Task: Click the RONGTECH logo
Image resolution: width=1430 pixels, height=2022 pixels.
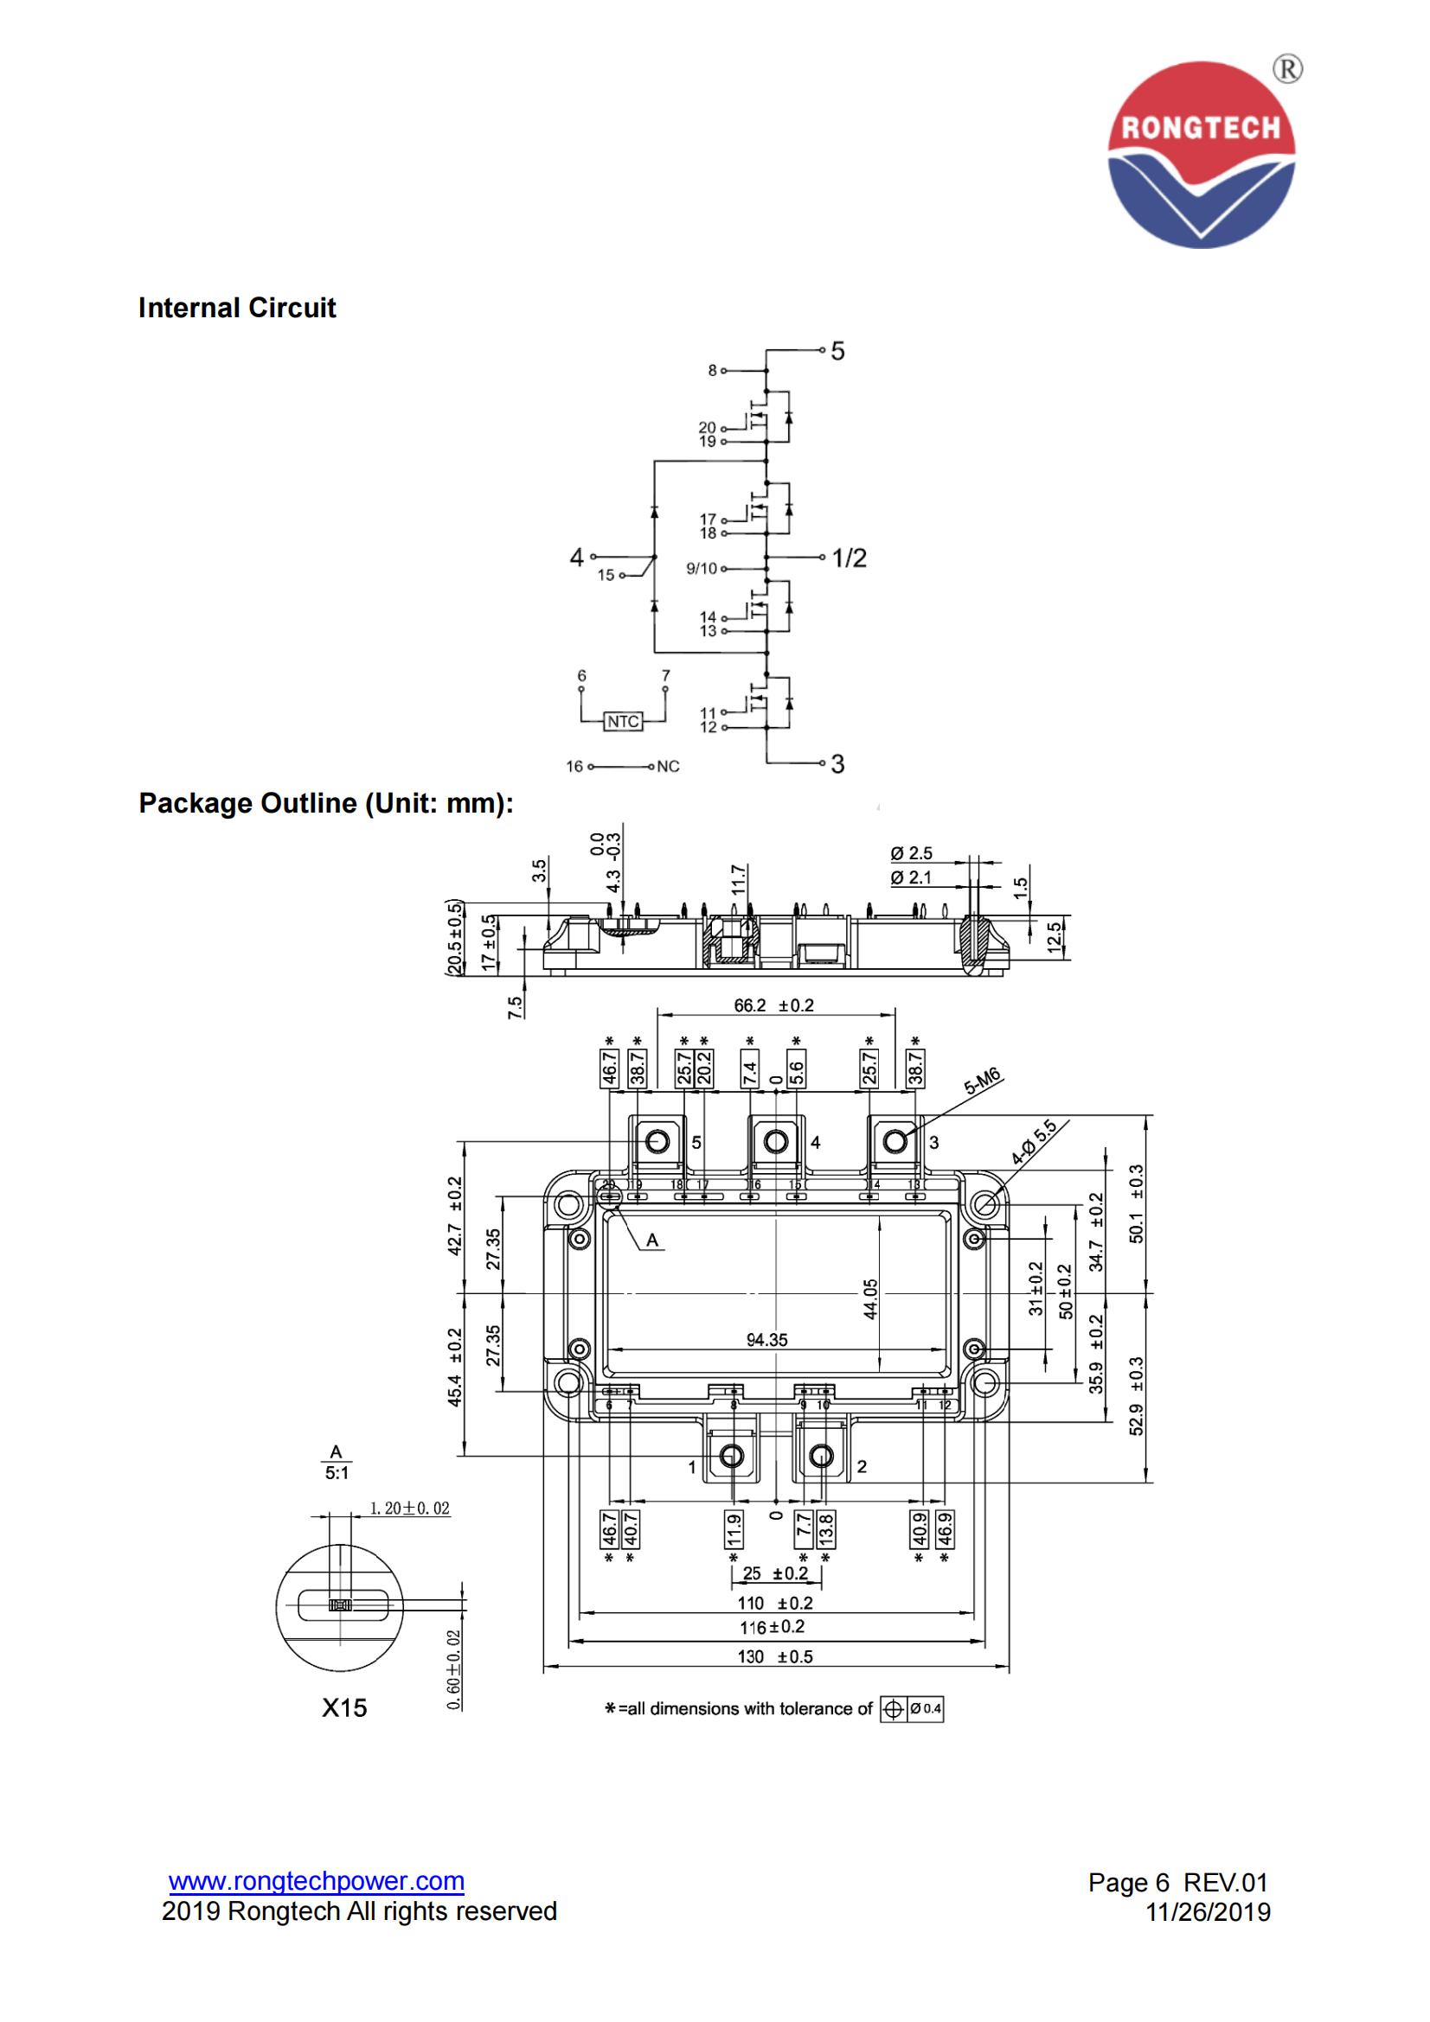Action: pyautogui.click(x=1201, y=154)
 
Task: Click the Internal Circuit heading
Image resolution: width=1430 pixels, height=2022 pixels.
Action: pyautogui.click(x=237, y=308)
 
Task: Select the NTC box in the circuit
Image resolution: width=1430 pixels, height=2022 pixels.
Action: pyautogui.click(x=623, y=721)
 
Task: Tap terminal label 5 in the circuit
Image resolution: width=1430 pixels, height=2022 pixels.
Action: pyautogui.click(x=838, y=351)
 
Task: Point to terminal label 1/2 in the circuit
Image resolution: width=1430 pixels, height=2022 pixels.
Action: pyautogui.click(x=850, y=558)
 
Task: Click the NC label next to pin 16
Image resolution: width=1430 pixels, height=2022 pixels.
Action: pyautogui.click(x=668, y=766)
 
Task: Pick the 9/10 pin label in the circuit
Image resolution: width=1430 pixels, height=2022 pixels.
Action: pyautogui.click(x=702, y=569)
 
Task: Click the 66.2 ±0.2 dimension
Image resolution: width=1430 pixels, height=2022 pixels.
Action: pyautogui.click(x=774, y=1005)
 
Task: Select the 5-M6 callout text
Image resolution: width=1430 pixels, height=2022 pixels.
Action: pyautogui.click(x=984, y=1086)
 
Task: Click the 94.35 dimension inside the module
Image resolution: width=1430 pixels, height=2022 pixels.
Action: pyautogui.click(x=766, y=1339)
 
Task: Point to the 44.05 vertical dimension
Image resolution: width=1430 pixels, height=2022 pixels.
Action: pyautogui.click(x=870, y=1298)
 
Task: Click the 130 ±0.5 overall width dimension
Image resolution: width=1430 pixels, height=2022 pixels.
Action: pyautogui.click(x=775, y=1656)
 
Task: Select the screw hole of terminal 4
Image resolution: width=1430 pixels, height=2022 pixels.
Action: pyautogui.click(x=775, y=1142)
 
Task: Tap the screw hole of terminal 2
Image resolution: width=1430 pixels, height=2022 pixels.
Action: pyautogui.click(x=821, y=1456)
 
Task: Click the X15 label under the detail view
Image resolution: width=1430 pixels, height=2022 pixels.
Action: pyautogui.click(x=343, y=1707)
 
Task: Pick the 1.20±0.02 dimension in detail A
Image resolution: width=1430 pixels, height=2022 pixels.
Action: pyautogui.click(x=410, y=1509)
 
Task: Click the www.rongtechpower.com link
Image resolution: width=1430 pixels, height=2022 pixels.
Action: pyautogui.click(x=317, y=1881)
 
